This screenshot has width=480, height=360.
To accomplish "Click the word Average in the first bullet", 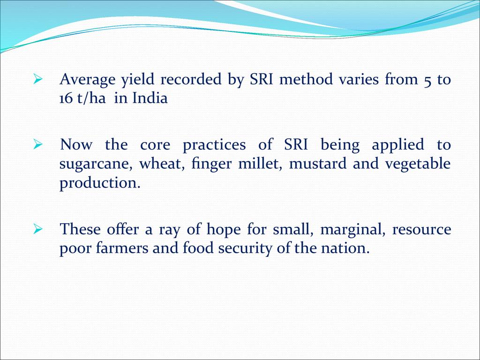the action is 88,80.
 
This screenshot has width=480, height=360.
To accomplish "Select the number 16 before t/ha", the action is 66,99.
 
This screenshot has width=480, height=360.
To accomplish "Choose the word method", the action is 306,79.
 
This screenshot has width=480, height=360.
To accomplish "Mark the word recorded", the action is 191,79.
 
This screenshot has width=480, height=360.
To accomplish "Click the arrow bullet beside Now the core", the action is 37,144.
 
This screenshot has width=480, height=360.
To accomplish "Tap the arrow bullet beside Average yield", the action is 37,79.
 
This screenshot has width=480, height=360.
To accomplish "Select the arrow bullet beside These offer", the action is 37,229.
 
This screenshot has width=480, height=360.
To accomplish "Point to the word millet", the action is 262,164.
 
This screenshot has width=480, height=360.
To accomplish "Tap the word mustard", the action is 318,164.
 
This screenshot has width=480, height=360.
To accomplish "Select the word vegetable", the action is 418,165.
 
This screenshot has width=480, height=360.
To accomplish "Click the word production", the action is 100,183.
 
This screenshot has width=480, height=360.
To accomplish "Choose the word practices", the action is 214,145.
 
